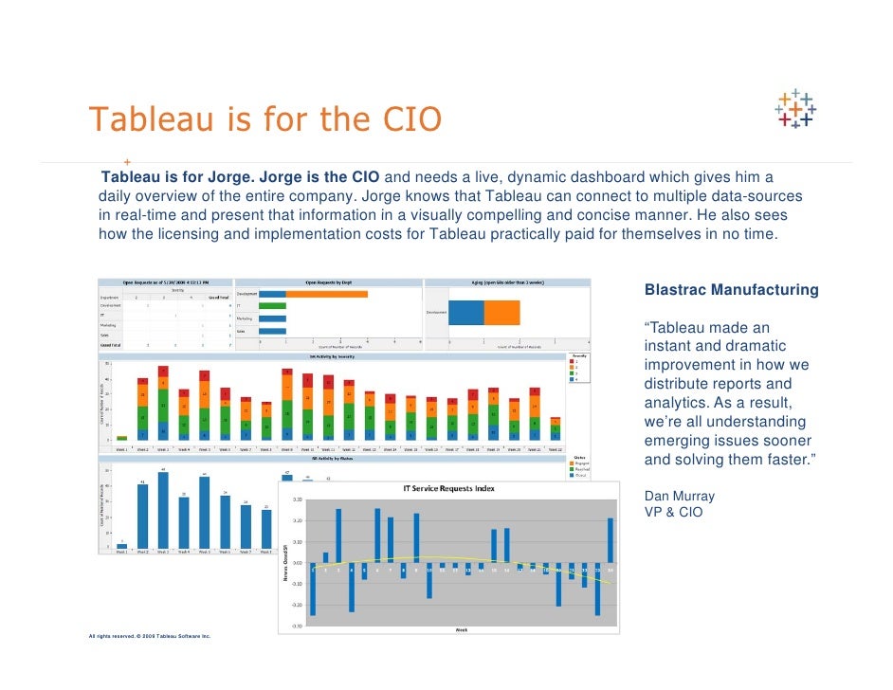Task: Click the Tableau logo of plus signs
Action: tap(795, 109)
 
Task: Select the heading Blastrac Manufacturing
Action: tap(730, 290)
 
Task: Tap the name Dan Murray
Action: tap(679, 496)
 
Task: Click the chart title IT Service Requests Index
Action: tap(449, 489)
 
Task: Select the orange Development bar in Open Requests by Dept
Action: tap(326, 294)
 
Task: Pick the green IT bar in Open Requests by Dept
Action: tap(272, 306)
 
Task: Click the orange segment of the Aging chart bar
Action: tap(501, 312)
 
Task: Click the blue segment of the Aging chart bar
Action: tap(466, 312)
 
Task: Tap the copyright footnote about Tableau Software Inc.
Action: tap(150, 636)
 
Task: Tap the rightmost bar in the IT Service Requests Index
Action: tap(611, 540)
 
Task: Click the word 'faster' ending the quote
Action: tap(785, 461)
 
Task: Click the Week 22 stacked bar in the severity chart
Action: tap(556, 428)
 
